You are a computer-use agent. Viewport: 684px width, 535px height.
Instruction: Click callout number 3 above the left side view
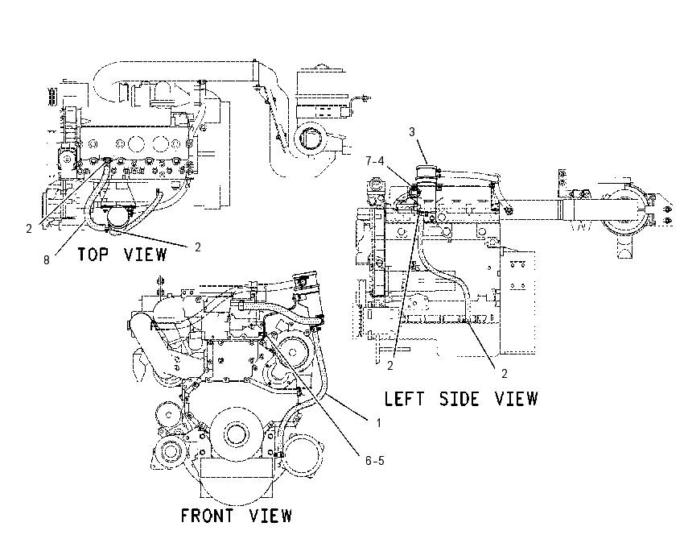pyautogui.click(x=412, y=132)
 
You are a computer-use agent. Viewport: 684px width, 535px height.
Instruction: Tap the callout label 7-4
pyautogui.click(x=375, y=161)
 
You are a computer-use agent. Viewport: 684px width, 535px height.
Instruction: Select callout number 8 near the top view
pyautogui.click(x=46, y=260)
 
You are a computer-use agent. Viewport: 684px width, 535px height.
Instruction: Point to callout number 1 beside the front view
pyautogui.click(x=379, y=423)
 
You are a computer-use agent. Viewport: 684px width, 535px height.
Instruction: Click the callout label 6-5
pyautogui.click(x=375, y=461)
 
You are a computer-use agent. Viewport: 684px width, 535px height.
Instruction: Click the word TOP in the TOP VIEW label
pyautogui.click(x=93, y=254)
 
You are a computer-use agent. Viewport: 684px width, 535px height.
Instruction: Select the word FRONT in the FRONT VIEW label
pyautogui.click(x=207, y=516)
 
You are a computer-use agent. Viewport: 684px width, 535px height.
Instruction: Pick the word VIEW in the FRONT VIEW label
pyautogui.click(x=270, y=516)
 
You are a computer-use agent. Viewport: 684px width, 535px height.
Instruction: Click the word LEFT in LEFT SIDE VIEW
pyautogui.click(x=404, y=399)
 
